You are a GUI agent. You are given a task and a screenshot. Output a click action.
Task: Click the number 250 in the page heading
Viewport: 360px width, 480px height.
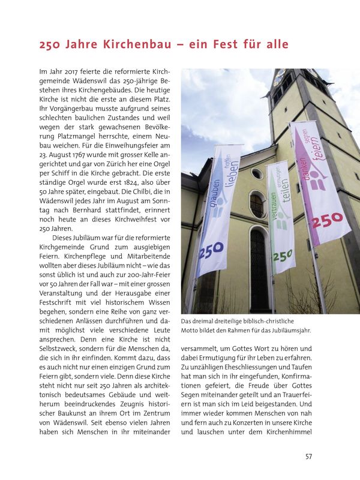coord(50,45)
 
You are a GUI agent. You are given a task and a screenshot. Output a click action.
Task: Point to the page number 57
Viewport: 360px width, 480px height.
coord(308,457)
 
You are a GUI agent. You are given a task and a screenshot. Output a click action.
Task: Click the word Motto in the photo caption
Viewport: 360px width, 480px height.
coord(192,330)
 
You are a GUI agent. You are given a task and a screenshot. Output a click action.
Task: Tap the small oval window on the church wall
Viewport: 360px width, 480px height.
coord(257,173)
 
